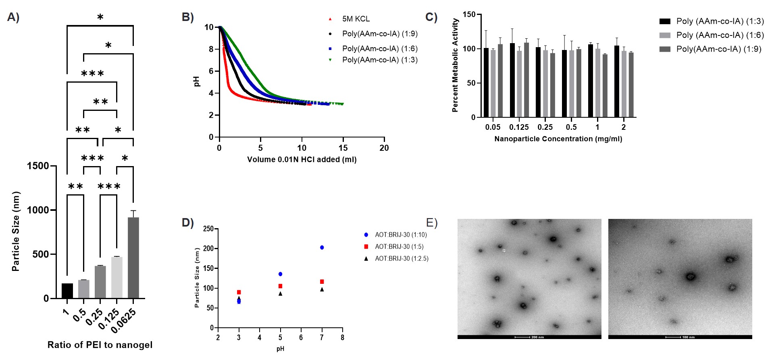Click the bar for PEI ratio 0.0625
click(x=133, y=258)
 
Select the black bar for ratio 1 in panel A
click(x=67, y=291)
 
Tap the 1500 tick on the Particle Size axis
click(x=37, y=166)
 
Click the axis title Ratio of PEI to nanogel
click(x=100, y=345)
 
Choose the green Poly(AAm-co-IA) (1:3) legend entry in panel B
click(x=379, y=60)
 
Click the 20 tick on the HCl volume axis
click(x=384, y=148)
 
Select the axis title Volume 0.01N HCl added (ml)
click(x=302, y=160)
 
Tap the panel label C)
click(x=431, y=17)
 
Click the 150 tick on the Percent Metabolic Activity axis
click(x=469, y=15)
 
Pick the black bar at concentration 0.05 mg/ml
click(x=486, y=83)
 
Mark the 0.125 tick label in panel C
click(x=519, y=127)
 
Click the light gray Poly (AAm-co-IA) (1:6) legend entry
click(x=720, y=35)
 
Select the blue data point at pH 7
click(x=322, y=248)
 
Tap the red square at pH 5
click(x=280, y=286)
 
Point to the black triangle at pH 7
click(x=322, y=289)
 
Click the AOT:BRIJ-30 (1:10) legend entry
click(x=400, y=235)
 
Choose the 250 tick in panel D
click(x=208, y=229)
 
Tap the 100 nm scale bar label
click(x=688, y=337)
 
